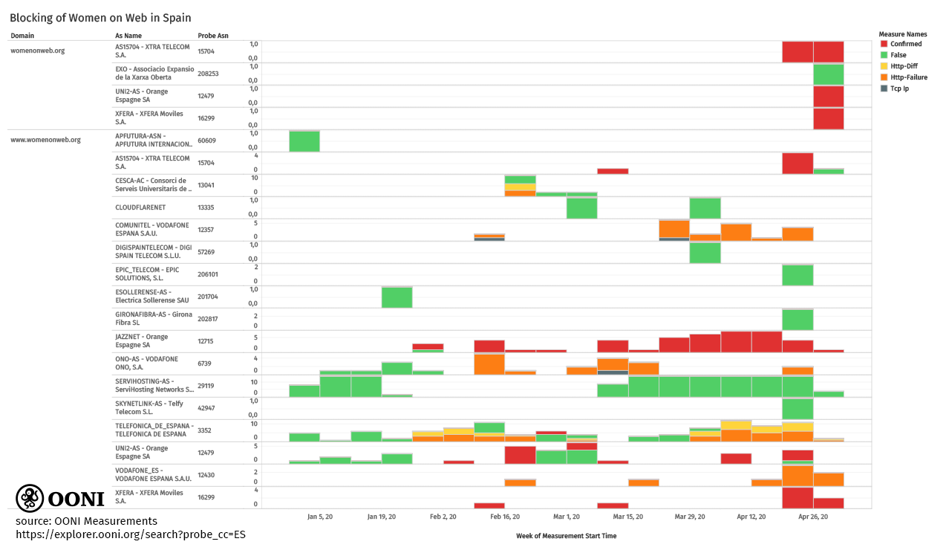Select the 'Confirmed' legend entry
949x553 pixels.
[x=905, y=44]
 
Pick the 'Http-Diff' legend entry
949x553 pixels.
[x=904, y=66]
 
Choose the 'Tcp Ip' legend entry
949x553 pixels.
[x=899, y=88]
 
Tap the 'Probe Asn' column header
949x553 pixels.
[x=213, y=36]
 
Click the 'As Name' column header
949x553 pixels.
[x=128, y=36]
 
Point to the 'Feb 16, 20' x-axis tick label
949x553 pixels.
[x=504, y=517]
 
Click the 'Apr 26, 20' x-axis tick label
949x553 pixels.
[x=813, y=517]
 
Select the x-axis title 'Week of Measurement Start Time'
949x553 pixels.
[x=566, y=536]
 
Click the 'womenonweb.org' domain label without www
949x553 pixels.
[x=37, y=51]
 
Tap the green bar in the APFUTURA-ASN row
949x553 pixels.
[x=304, y=141]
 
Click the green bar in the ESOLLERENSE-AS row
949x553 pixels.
[x=397, y=297]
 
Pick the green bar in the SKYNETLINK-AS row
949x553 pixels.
[x=798, y=409]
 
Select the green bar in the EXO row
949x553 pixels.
[x=829, y=74]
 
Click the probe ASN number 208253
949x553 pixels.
[x=208, y=74]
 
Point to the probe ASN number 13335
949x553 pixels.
[x=206, y=207]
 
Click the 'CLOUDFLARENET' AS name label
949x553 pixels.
[x=140, y=207]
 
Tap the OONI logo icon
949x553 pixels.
[x=30, y=498]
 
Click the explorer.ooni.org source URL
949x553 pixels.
[x=131, y=534]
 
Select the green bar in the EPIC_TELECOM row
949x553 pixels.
[x=798, y=275]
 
